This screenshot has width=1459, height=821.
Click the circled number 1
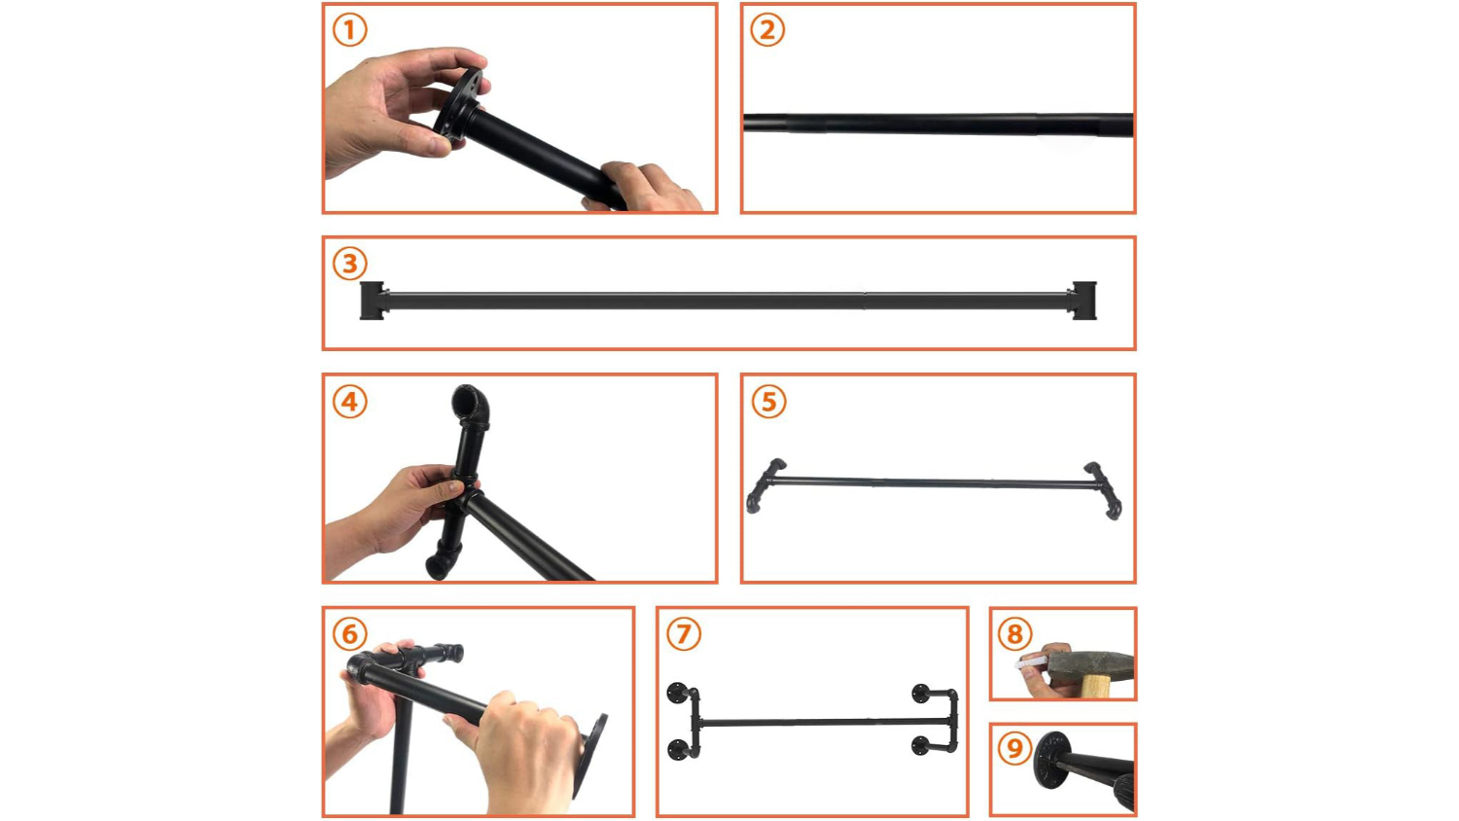350,30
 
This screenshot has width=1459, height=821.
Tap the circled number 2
767,30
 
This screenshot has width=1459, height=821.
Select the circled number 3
350,264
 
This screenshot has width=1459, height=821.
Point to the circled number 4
350,402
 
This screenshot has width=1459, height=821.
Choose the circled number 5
768,402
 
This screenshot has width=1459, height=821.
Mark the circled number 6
350,634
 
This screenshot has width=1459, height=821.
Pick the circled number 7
684,634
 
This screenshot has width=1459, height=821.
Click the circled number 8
1014,634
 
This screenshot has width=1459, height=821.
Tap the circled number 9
1014,747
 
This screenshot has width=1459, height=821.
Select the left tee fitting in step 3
374,301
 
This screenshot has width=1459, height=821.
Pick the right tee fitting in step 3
1083,301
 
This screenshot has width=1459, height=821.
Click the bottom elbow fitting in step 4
442,563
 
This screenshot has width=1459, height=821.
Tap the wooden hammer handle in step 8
1097,687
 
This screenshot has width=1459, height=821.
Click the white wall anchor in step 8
1031,663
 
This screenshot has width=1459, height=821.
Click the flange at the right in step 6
590,756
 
